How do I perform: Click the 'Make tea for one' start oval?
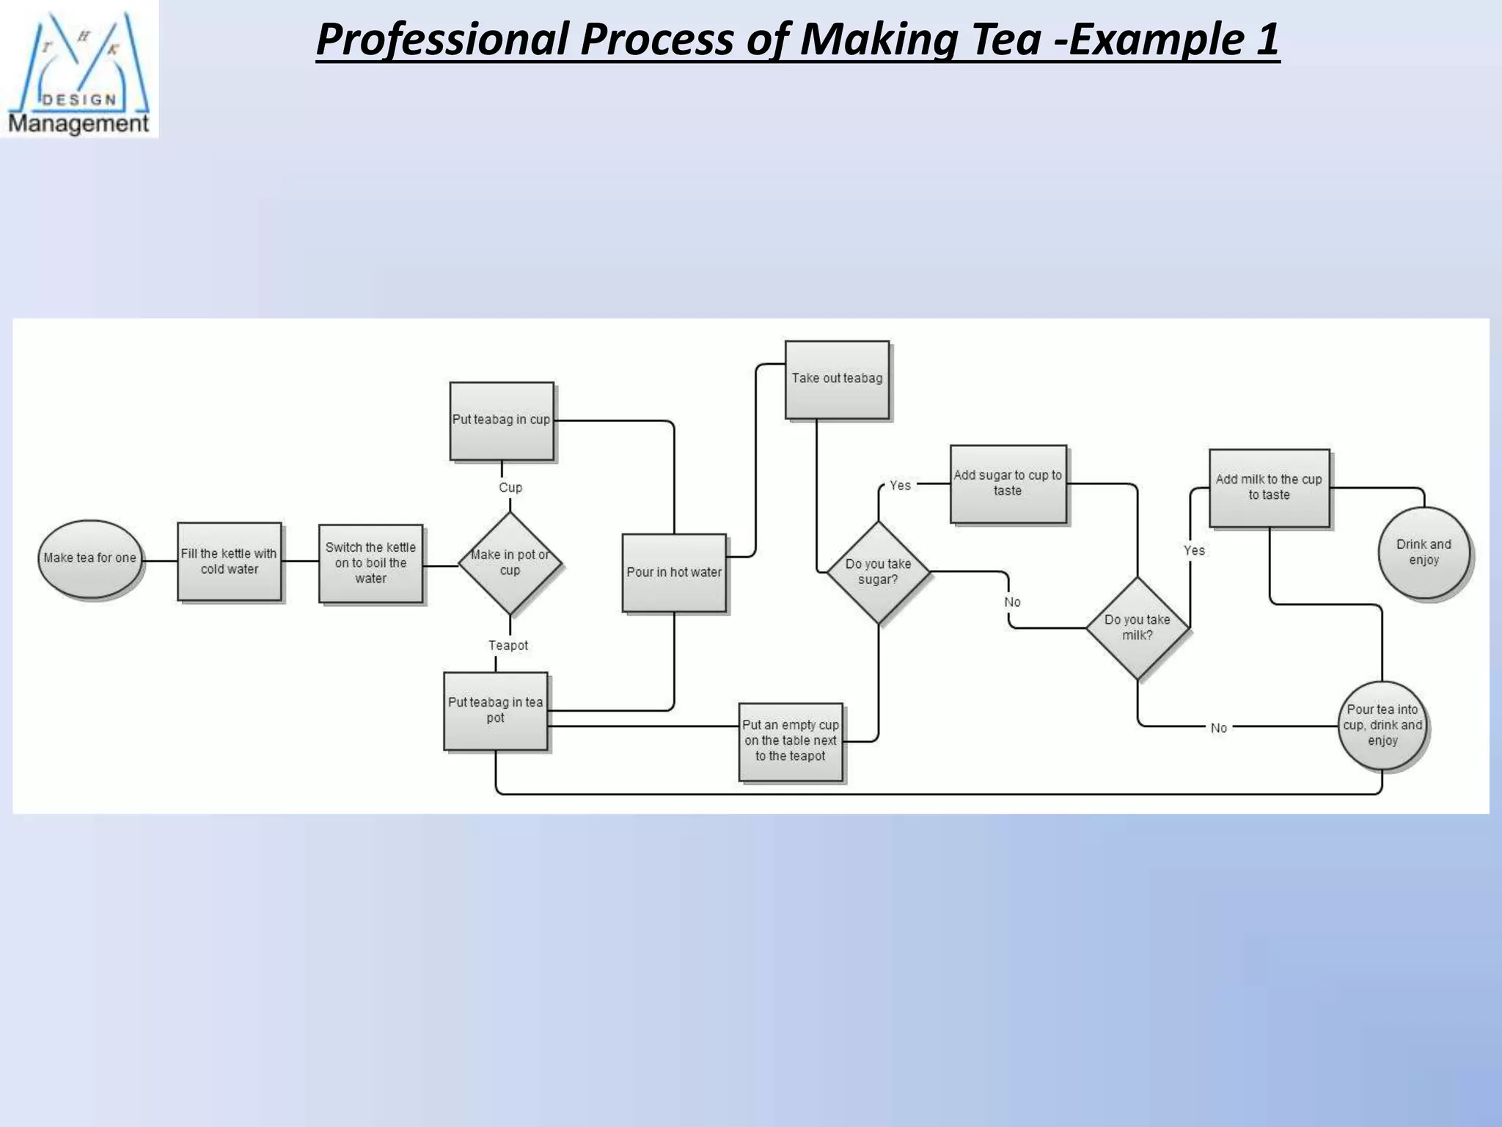point(89,558)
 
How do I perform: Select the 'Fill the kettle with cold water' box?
point(230,561)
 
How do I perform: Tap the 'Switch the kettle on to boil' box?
point(371,563)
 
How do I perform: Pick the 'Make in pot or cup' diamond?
point(510,563)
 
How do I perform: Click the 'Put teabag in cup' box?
point(502,420)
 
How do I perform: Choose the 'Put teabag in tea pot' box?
point(496,710)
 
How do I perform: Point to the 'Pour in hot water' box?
point(674,572)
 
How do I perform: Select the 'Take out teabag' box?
point(837,379)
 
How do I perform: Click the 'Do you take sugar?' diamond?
point(878,572)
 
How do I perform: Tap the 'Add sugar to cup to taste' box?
point(1008,483)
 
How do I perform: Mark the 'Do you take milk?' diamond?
point(1138,627)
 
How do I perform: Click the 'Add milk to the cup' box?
point(1269,487)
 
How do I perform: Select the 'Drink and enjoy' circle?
point(1424,552)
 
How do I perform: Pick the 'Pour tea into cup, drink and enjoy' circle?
point(1382,725)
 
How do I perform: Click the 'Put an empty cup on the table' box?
point(791,741)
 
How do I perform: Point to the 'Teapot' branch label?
point(508,646)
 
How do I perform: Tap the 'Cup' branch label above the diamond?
point(510,488)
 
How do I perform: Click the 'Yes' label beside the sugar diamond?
point(900,486)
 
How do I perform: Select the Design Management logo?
point(79,70)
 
